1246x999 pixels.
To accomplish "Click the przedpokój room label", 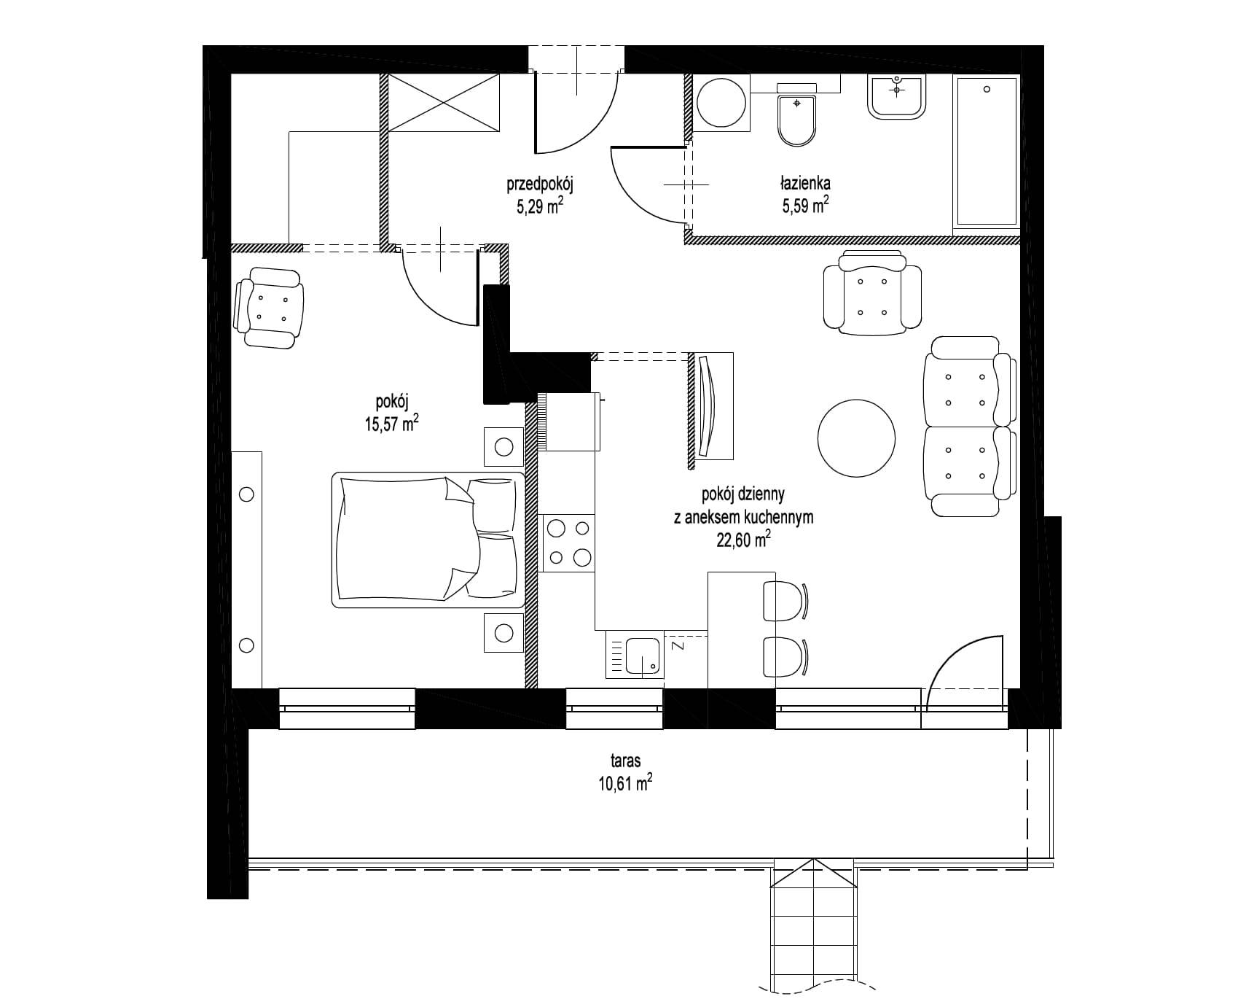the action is tap(541, 185).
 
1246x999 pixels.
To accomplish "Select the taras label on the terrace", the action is tap(626, 761).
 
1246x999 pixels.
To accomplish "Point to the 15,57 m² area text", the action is tap(392, 424).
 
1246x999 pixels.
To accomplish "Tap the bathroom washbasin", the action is tap(897, 96).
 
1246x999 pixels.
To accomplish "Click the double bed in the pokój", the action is tap(428, 540).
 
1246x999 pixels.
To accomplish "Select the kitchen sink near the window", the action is tap(635, 655).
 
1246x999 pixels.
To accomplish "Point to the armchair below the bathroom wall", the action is tap(872, 292).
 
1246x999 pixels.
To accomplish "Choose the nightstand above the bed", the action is tap(504, 446).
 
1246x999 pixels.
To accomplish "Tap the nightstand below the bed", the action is tap(504, 633).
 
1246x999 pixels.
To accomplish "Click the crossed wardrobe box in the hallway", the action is tap(444, 103).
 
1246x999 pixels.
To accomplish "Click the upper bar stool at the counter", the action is tap(785, 602).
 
